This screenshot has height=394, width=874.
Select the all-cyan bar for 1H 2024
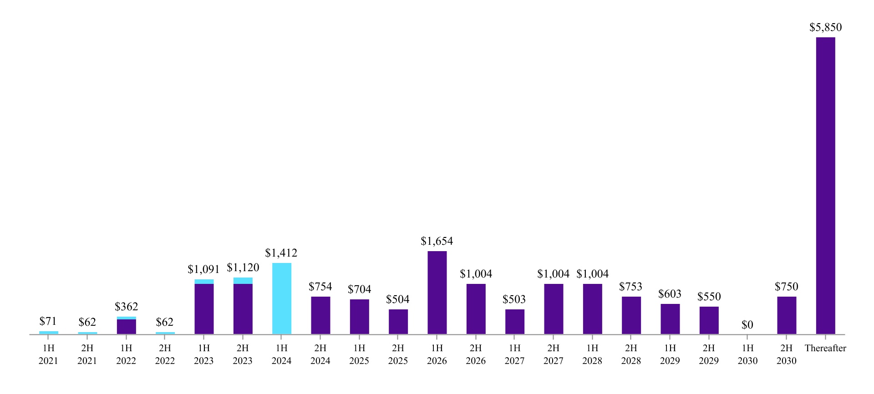(x=282, y=298)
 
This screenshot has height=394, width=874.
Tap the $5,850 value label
(x=825, y=27)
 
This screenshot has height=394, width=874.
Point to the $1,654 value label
(x=437, y=241)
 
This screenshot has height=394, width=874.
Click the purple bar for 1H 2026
(x=437, y=293)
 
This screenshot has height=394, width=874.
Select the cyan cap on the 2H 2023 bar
(x=243, y=281)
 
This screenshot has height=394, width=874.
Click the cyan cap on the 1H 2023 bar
(x=204, y=282)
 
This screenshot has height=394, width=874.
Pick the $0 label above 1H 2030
(x=747, y=325)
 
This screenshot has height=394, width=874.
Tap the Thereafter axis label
(x=825, y=349)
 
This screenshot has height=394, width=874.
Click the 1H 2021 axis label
(x=48, y=354)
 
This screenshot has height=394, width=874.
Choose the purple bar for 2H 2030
(x=787, y=315)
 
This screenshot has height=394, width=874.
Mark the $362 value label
(x=126, y=307)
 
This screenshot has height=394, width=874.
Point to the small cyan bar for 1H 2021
(x=49, y=333)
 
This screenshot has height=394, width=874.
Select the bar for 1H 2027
(x=515, y=322)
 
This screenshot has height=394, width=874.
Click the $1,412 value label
(x=281, y=253)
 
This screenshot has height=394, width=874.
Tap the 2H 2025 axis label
(x=398, y=354)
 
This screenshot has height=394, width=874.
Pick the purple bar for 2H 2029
(x=709, y=320)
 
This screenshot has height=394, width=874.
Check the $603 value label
(x=670, y=294)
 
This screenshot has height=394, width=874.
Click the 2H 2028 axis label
(x=631, y=354)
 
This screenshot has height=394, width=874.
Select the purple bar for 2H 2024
(x=320, y=315)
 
